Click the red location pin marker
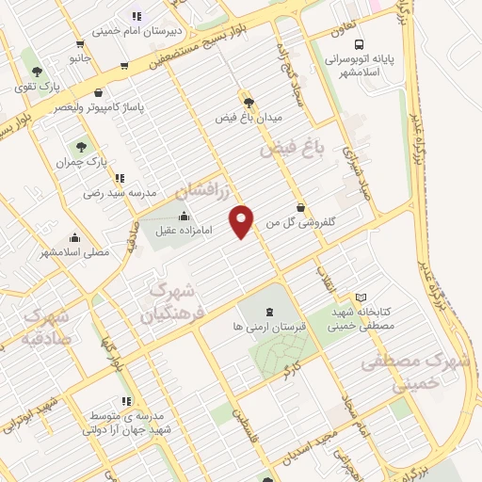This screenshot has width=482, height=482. tap(243, 220)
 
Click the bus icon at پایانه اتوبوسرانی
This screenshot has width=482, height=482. tap(358, 44)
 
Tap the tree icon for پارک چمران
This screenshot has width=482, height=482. tap(81, 147)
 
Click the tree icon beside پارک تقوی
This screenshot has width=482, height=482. tap(36, 72)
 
